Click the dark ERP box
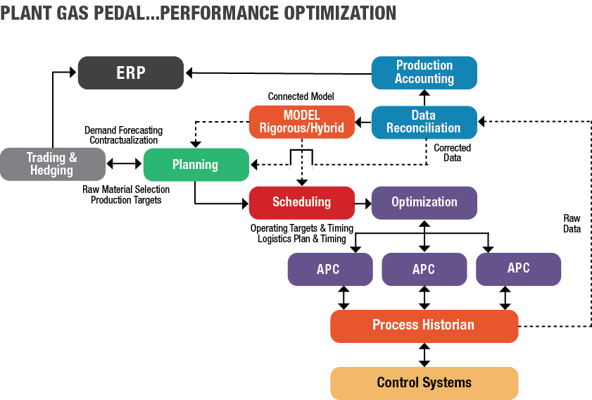(130, 73)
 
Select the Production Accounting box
(424, 72)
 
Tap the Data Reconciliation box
(424, 121)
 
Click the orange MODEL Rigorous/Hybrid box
(301, 121)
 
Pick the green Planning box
(196, 165)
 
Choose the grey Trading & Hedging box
(52, 165)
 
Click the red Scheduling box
(301, 202)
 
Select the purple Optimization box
(424, 202)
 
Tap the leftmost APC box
(329, 268)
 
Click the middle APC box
(424, 268)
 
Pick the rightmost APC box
(518, 268)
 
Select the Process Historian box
(424, 325)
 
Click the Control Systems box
(424, 383)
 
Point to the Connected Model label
(301, 96)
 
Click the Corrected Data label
(452, 153)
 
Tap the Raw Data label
(572, 223)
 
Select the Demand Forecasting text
(124, 130)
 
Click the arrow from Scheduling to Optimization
(363, 202)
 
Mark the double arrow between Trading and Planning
(124, 165)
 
